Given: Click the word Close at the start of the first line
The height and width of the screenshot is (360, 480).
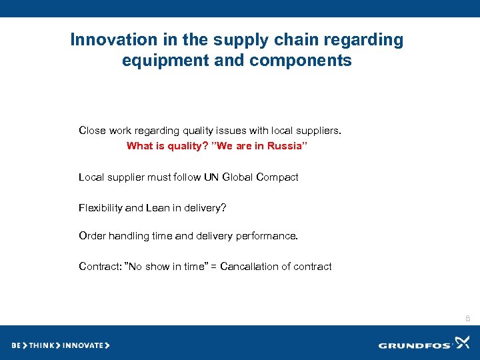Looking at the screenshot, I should pos(91,131).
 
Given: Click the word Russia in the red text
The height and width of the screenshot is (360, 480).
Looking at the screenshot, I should pos(287,146).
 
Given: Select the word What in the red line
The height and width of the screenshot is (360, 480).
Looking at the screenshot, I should pos(139,146).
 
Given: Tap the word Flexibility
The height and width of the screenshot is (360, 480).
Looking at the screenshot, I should pos(100,208).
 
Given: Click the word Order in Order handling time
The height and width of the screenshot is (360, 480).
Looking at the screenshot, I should pos(92,236).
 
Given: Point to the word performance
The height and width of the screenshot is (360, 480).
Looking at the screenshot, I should pos(267,236).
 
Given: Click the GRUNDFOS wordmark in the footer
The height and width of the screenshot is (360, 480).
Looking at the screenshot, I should pos(415,345).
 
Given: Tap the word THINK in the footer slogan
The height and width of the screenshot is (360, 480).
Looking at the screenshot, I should pos(40,345).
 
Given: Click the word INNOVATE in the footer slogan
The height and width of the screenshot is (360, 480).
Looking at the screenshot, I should pos(83,345).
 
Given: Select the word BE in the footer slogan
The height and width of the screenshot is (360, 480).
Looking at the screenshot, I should pos(16,345).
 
